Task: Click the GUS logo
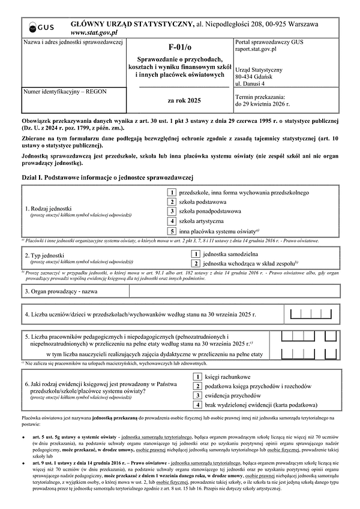40,27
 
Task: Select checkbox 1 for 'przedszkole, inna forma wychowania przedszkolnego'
172,192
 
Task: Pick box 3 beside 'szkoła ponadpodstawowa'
172,211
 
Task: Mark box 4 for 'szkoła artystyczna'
172,221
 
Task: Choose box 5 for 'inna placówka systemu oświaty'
172,231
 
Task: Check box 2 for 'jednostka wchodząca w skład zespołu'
196,263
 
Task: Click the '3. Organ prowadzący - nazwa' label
61,291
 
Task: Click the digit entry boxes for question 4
312,314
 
